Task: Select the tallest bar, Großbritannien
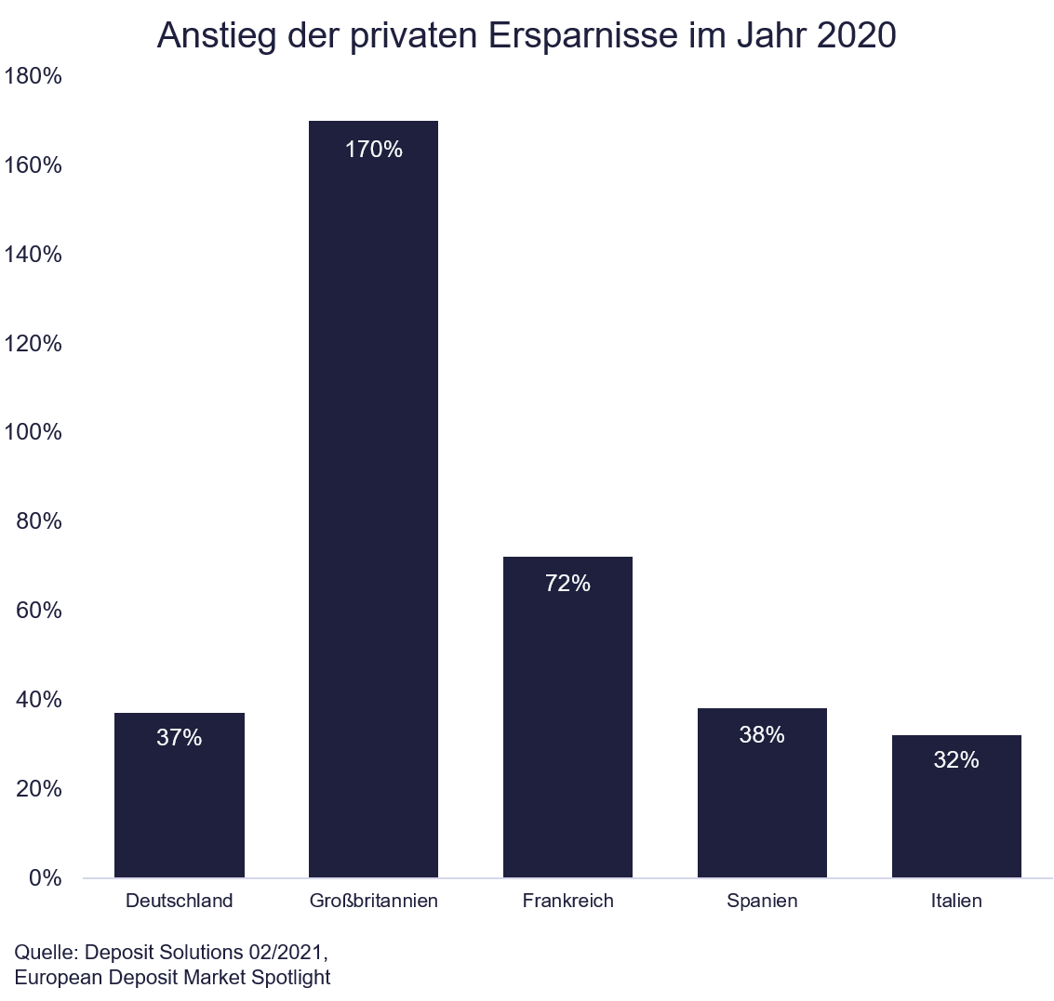373,511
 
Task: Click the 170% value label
373,150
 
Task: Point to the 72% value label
567,584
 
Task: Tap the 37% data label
179,738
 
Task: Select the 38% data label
762,735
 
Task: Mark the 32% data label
956,760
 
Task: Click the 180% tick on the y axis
33,76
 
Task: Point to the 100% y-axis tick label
33,432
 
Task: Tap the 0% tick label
45,877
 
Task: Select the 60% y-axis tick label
39,611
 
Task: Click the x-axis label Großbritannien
373,901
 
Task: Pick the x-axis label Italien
956,901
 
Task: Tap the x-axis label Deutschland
179,901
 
